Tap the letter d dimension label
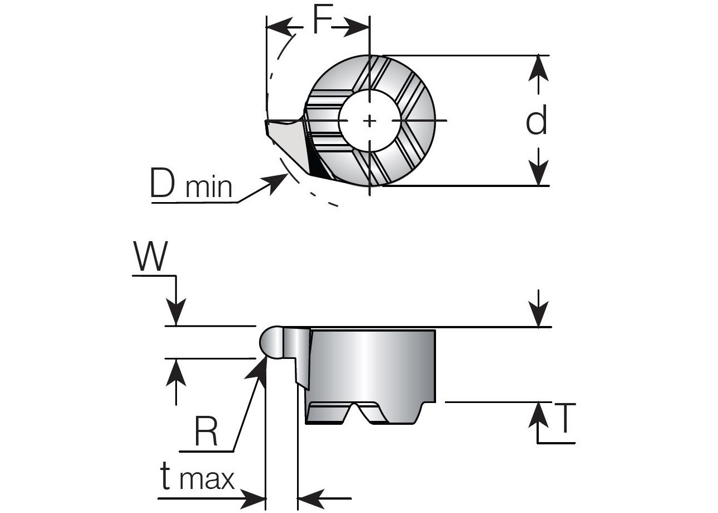(537, 121)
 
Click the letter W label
(151, 257)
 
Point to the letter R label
(206, 432)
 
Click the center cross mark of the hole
(370, 121)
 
